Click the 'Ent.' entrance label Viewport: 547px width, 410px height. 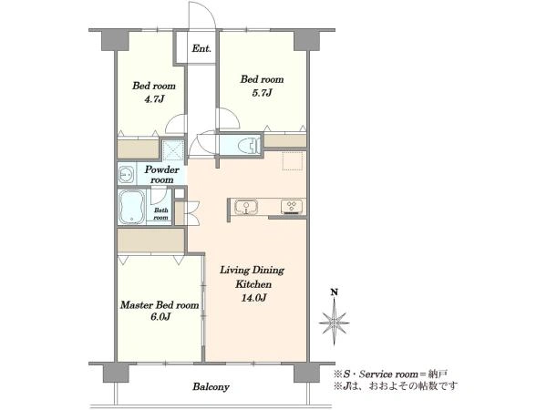pos(201,48)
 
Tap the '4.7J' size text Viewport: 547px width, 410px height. pos(154,99)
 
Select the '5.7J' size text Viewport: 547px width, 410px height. pos(262,93)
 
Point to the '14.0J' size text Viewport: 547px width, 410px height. pos(253,298)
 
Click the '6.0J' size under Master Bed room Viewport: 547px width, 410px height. pos(160,317)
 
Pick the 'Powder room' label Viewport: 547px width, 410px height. pos(162,175)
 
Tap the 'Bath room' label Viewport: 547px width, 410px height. pos(160,214)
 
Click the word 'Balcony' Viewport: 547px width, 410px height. pos(212,386)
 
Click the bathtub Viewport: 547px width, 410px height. pos(131,208)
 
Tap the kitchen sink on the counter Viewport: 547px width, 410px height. pos(246,207)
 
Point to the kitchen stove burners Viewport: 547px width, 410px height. pos(293,206)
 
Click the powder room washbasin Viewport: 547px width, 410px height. pos(126,174)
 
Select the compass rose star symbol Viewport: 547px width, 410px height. pos(335,323)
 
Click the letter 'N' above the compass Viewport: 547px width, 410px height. pos(335,292)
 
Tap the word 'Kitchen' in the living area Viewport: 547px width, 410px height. pos(253,284)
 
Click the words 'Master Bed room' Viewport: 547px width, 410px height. pos(160,305)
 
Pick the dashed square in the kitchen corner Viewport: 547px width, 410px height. pos(293,160)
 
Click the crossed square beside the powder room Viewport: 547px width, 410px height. pos(173,150)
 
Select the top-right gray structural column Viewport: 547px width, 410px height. pos(307,41)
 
